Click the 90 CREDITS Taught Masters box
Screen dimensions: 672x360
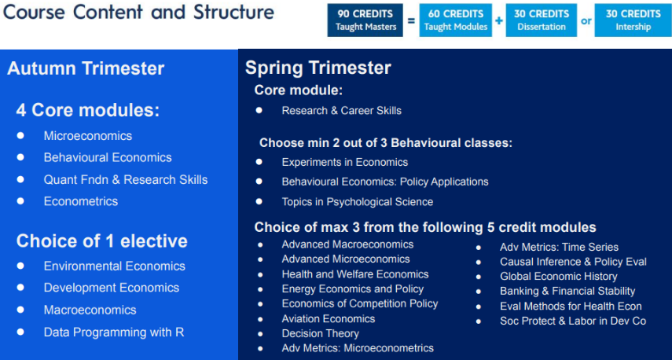pyautogui.click(x=365, y=20)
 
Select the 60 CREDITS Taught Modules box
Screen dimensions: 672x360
pyautogui.click(x=456, y=20)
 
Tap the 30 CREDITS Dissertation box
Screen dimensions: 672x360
pyautogui.click(x=541, y=20)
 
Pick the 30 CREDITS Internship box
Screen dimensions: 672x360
pyautogui.click(x=633, y=20)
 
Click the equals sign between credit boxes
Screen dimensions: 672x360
pyautogui.click(x=411, y=20)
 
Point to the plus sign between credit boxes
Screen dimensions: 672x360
pyautogui.click(x=499, y=20)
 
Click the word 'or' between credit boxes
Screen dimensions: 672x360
pyautogui.click(x=586, y=20)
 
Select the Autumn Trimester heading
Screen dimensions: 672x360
pyautogui.click(x=86, y=68)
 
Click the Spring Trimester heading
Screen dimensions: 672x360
pyautogui.click(x=318, y=68)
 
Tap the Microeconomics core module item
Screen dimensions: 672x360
pyautogui.click(x=88, y=136)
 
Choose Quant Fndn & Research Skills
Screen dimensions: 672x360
pyautogui.click(x=126, y=179)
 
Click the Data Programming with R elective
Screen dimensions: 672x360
pyautogui.click(x=114, y=332)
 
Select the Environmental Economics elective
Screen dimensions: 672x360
pyautogui.click(x=115, y=266)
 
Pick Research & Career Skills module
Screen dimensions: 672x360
pyautogui.click(x=342, y=111)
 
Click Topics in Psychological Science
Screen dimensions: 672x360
pyautogui.click(x=358, y=202)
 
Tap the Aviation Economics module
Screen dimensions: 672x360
pyautogui.click(x=329, y=319)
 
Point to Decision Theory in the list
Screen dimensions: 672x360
pyautogui.click(x=320, y=333)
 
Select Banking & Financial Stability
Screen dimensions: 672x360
pyautogui.click(x=567, y=292)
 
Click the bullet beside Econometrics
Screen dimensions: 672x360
pyautogui.click(x=20, y=200)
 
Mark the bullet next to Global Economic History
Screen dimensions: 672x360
pyautogui.click(x=479, y=277)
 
